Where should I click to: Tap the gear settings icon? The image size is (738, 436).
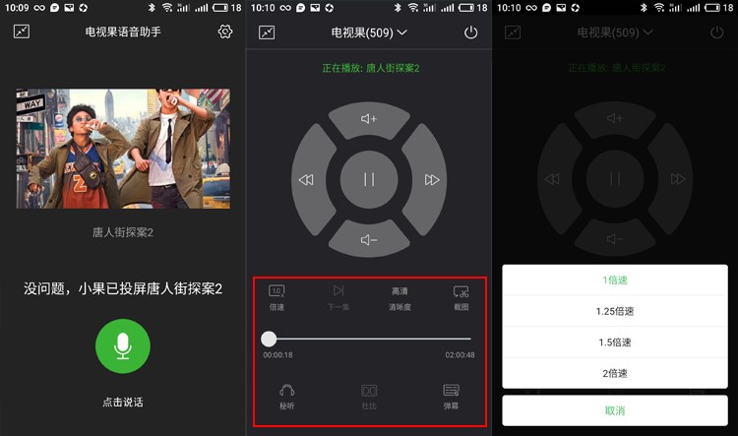click(x=224, y=31)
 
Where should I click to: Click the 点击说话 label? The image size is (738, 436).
click(x=123, y=402)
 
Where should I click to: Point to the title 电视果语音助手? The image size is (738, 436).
click(x=123, y=31)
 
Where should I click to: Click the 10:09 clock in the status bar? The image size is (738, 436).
click(x=17, y=7)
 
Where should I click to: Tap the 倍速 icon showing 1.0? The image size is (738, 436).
click(x=277, y=291)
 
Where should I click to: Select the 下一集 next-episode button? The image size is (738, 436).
click(x=338, y=291)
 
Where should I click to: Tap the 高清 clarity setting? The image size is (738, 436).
click(x=400, y=291)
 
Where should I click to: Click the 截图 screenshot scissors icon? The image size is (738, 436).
click(x=461, y=291)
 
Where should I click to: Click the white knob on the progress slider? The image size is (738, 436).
click(x=269, y=339)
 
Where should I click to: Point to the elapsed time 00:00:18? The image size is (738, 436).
click(x=277, y=355)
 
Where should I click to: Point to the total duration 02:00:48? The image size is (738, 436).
click(x=460, y=355)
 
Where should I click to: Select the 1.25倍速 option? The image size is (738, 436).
click(x=615, y=311)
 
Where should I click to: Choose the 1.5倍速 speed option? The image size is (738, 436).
click(x=615, y=343)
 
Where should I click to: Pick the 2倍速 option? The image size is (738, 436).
click(x=615, y=373)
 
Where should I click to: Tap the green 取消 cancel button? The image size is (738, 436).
click(x=615, y=410)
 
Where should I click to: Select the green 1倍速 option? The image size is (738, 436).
click(x=615, y=280)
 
